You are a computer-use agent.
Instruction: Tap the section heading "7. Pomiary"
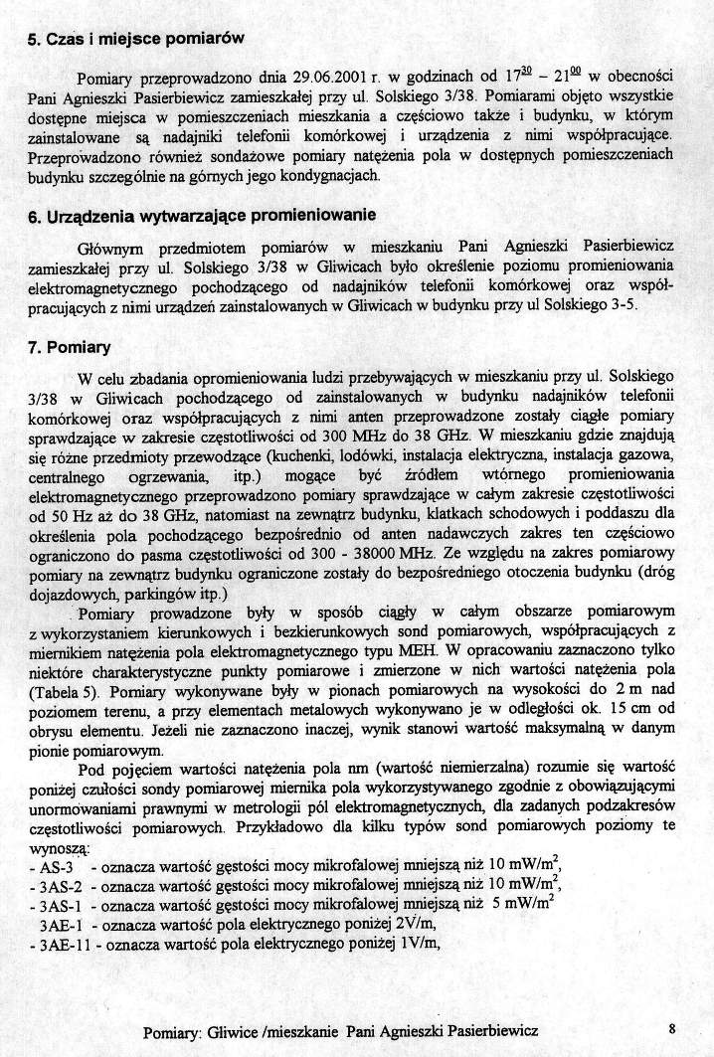[x=70, y=348]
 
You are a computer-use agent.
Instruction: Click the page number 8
[x=672, y=1030]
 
